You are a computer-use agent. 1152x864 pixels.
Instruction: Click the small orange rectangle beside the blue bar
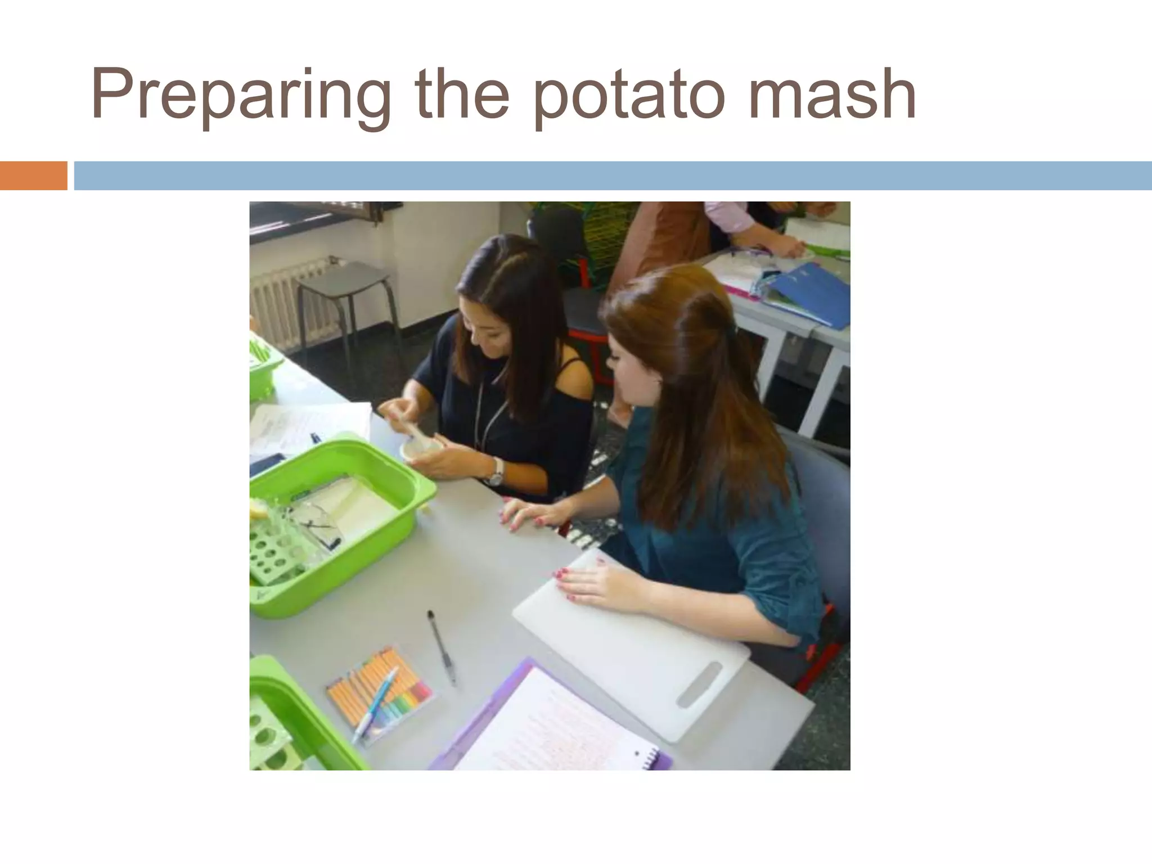(33, 175)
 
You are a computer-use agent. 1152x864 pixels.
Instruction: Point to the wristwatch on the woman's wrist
(495, 471)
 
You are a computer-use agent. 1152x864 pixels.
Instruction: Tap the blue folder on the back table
(816, 295)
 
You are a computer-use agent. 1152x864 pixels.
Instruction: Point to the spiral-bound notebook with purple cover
(551, 726)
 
